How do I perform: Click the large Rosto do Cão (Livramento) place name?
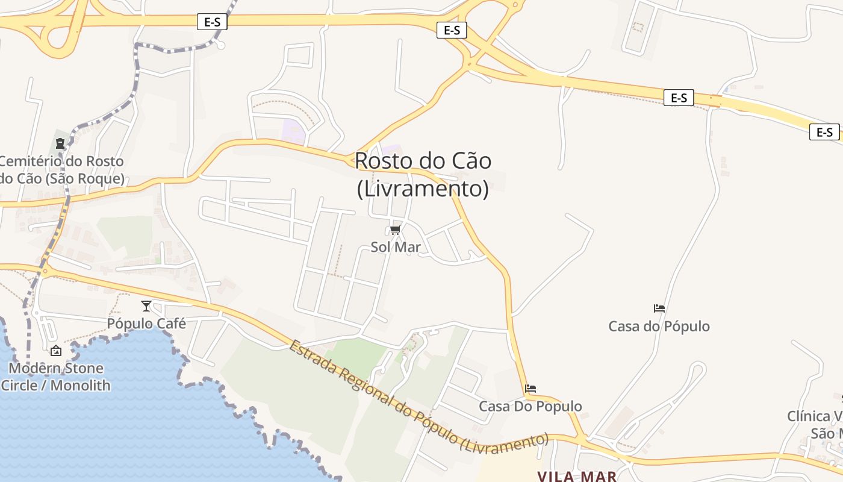(423, 175)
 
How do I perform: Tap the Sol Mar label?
(395, 247)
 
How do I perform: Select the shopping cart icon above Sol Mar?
(396, 230)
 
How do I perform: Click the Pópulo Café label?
(146, 324)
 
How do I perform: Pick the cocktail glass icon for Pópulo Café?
(146, 306)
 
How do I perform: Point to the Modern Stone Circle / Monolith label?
(55, 377)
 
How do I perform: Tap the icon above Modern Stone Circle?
(56, 351)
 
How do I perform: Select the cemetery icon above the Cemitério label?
(60, 143)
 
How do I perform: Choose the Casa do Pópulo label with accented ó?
(659, 327)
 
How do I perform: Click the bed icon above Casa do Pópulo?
(659, 308)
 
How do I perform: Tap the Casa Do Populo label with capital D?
(530, 406)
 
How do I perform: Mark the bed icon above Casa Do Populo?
(530, 389)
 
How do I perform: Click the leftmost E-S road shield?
(212, 22)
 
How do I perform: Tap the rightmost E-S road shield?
(824, 132)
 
